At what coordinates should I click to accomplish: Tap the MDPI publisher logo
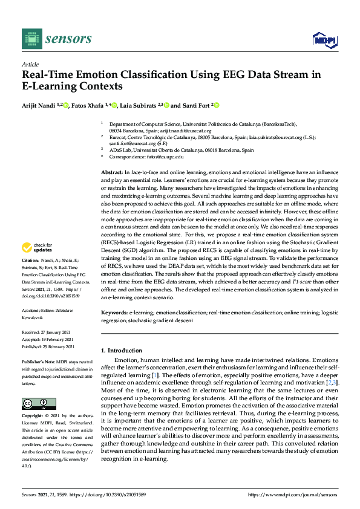[324, 40]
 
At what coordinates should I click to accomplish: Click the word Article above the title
[30, 64]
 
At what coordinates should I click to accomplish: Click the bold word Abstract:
[111, 173]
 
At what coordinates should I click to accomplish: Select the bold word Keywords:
[114, 313]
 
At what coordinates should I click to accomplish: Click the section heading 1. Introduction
[122, 351]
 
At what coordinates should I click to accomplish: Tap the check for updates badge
[36, 247]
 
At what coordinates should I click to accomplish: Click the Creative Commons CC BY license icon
[35, 404]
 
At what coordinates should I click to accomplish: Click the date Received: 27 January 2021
[47, 332]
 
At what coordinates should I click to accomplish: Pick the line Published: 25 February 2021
[48, 347]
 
